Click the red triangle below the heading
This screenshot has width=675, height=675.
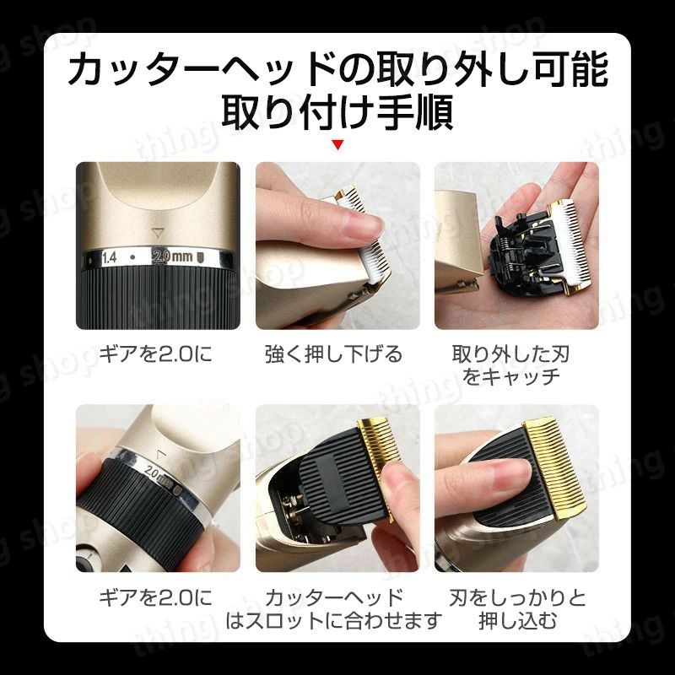(x=338, y=144)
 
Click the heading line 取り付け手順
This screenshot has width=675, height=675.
(x=337, y=112)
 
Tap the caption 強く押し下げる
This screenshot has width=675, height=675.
(x=333, y=354)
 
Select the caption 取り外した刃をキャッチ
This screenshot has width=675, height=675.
(x=511, y=365)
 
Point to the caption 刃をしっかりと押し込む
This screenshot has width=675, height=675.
(x=517, y=609)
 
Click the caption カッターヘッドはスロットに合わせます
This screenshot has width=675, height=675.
(x=334, y=609)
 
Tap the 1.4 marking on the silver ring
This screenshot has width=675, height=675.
(x=110, y=257)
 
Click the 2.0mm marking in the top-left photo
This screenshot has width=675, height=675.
(x=173, y=256)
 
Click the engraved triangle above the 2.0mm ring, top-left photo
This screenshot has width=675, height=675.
(x=158, y=234)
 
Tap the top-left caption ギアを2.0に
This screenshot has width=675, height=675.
(x=156, y=354)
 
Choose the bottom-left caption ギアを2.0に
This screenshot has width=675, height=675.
(x=156, y=598)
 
